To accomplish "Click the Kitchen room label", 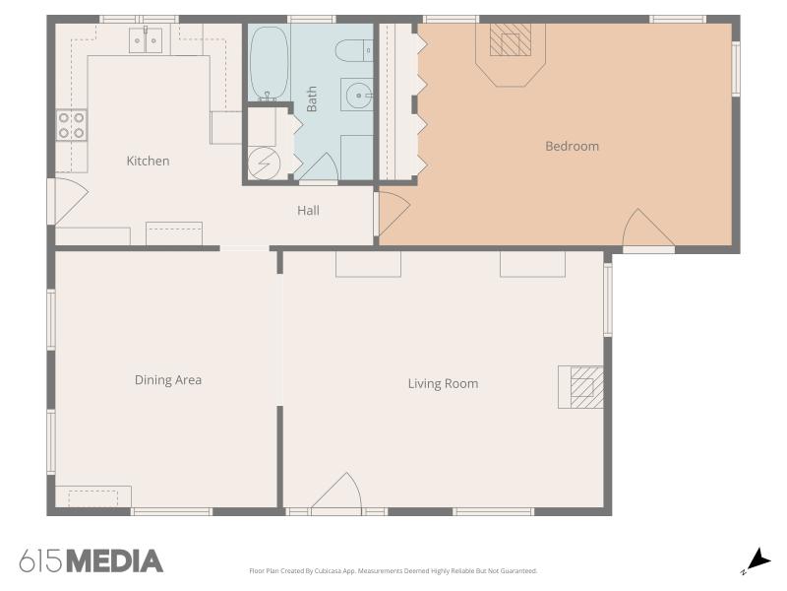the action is tap(148, 161).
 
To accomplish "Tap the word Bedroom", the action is tap(572, 146).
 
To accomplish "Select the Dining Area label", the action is tap(168, 380).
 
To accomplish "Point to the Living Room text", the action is tap(443, 384).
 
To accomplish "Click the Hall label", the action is tap(308, 210).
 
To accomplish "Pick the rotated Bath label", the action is tap(312, 98).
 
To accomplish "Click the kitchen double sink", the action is tap(146, 40).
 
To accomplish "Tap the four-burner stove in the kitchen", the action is tap(71, 126).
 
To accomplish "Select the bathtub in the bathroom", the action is tap(270, 63).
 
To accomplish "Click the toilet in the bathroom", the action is tap(354, 51).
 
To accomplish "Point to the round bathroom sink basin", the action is tap(358, 95).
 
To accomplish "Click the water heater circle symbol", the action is tap(264, 163).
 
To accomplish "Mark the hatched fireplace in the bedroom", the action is tap(510, 39).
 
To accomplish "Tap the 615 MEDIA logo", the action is tap(91, 561).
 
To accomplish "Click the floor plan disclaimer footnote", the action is tap(393, 571).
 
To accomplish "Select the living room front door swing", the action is tap(336, 493).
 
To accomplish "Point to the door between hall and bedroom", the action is tap(393, 211).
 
